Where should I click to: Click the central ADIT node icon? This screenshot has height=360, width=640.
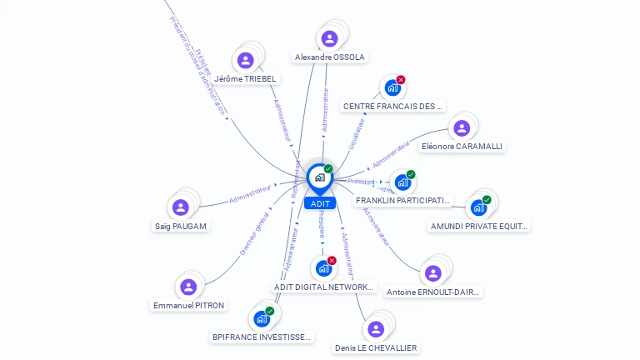(319, 177)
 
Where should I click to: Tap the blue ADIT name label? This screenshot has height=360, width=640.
(320, 203)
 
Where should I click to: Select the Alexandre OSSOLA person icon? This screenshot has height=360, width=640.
(329, 38)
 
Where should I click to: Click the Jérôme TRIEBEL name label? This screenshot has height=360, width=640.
(245, 79)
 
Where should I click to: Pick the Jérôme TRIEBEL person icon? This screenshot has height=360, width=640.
(245, 60)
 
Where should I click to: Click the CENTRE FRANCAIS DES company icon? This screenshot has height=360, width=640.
(392, 87)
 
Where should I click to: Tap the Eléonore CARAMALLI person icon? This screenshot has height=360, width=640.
(462, 128)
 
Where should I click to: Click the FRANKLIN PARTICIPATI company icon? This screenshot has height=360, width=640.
(402, 182)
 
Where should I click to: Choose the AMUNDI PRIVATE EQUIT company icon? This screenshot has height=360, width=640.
(478, 207)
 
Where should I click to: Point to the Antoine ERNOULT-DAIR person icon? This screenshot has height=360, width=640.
(432, 273)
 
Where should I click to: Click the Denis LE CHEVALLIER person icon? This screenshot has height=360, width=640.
(376, 329)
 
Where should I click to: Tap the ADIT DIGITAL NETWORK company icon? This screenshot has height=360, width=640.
(323, 269)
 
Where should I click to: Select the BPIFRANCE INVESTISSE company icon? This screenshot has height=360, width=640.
(262, 319)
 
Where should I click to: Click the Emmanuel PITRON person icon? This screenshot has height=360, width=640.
(188, 287)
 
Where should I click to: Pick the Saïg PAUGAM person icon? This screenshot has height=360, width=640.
(180, 207)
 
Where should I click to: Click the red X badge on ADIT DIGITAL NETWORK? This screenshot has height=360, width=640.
(332, 261)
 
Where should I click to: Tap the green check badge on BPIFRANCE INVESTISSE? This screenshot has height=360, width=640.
(270, 311)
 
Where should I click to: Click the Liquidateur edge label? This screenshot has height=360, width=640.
(357, 134)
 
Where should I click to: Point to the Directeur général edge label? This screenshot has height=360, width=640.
(255, 232)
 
